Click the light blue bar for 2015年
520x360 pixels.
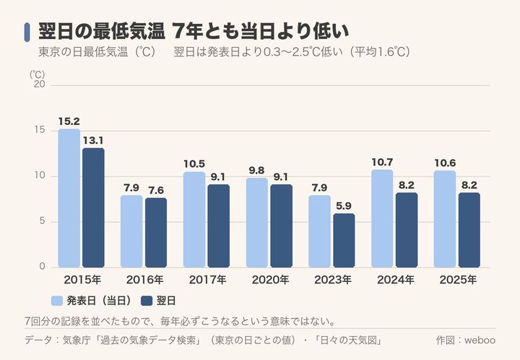[x=69, y=198]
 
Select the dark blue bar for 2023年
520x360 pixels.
[x=344, y=241]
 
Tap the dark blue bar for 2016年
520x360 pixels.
[x=156, y=233]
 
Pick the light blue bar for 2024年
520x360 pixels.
[x=382, y=218]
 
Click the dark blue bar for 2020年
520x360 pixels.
[x=281, y=226]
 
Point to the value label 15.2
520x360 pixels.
[x=69, y=121]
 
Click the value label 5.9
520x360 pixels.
[x=344, y=206]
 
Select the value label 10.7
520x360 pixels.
[x=382, y=162]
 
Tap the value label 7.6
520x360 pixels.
[x=156, y=190]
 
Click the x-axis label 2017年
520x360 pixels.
[x=207, y=280]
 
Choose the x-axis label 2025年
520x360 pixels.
[x=458, y=280]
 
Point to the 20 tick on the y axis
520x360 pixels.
[x=40, y=85]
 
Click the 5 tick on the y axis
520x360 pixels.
[x=42, y=221]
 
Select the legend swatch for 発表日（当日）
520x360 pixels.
[x=57, y=301]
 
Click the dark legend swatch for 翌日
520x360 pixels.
[x=147, y=301]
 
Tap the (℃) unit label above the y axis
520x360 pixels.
[x=37, y=74]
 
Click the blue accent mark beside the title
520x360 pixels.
[x=27, y=33]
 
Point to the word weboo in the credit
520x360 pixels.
[x=480, y=340]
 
